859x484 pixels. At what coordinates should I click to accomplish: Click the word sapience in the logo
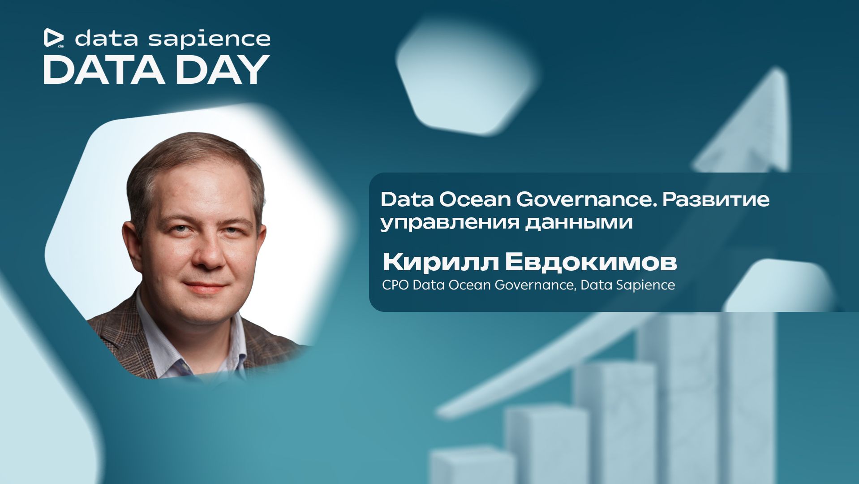[x=209, y=39]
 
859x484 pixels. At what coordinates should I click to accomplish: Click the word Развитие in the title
[x=716, y=200]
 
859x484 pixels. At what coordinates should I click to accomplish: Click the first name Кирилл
[x=441, y=263]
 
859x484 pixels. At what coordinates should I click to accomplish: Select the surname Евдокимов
[x=591, y=263]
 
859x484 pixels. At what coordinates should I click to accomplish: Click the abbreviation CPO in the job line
[x=395, y=285]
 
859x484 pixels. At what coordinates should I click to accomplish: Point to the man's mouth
[x=206, y=286]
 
